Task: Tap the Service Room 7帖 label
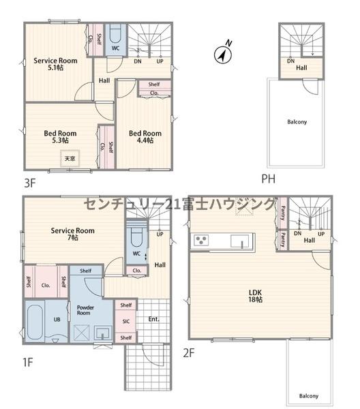[x=72, y=234]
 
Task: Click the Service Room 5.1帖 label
[x=55, y=64]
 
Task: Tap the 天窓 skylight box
[x=70, y=158]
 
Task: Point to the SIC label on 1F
[x=125, y=321]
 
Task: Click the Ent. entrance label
[x=153, y=319]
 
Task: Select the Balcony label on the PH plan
[x=297, y=122]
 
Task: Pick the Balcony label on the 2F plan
[x=308, y=395]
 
